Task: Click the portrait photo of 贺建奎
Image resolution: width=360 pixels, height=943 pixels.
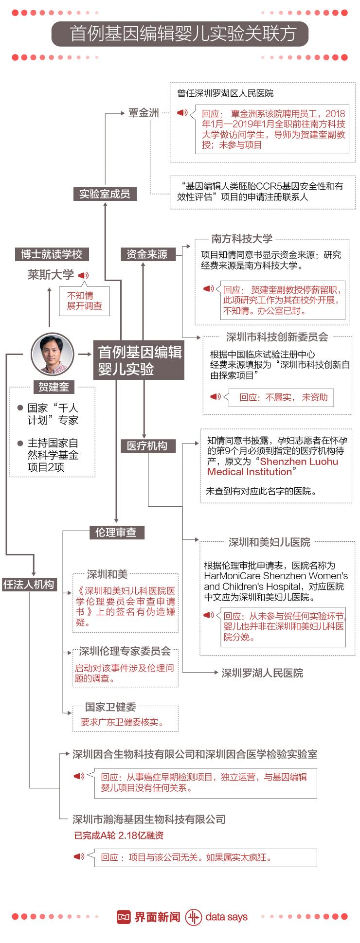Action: [52, 354]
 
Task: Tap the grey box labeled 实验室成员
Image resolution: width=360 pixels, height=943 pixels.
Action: [105, 194]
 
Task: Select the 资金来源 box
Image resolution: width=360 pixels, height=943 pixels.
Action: [147, 254]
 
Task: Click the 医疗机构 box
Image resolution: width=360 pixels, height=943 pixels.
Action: [147, 446]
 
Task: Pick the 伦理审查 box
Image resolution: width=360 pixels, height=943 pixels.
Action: [116, 533]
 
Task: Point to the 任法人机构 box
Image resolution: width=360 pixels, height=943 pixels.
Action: [29, 584]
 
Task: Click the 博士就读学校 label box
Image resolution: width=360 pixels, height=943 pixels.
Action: [52, 254]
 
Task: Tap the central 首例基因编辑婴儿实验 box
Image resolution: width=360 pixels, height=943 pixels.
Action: [139, 360]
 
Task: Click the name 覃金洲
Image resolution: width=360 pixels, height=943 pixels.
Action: [144, 113]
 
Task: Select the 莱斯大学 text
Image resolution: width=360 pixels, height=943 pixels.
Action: [51, 275]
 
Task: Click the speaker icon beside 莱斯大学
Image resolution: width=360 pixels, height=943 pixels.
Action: [84, 275]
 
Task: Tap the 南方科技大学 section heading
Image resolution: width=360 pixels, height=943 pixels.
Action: [242, 239]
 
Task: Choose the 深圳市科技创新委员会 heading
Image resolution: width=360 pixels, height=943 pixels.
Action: [277, 337]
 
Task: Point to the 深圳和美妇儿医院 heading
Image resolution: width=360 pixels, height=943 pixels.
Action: [269, 542]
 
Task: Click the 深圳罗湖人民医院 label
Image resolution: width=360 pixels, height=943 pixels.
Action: [262, 673]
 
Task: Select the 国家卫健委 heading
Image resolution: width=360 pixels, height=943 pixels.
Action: [110, 707]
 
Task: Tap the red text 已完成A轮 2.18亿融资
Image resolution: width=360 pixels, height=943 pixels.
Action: [119, 836]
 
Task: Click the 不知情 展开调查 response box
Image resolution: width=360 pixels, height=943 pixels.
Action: [85, 301]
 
